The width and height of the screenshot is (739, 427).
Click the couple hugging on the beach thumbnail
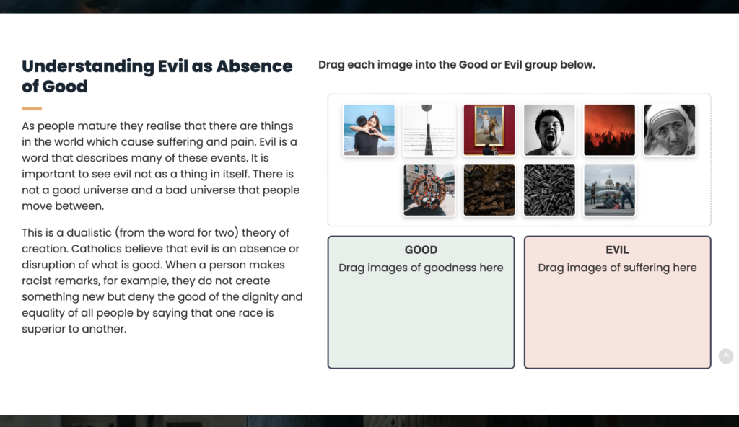coord(369,130)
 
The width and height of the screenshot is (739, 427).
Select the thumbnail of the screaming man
coord(549,130)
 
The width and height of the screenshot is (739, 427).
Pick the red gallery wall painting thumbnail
coord(489,130)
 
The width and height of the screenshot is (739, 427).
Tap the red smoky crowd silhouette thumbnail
coord(609,130)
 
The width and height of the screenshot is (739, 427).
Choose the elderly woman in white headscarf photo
coord(669,130)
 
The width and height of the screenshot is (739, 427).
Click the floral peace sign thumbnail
coord(429,190)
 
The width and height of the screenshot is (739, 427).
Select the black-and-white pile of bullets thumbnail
coord(549,190)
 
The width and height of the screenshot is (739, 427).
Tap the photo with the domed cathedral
coord(609,190)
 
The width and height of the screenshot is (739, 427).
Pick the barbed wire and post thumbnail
coord(429,130)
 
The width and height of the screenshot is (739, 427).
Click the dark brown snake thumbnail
coord(489,190)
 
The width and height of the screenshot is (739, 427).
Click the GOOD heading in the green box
coord(421,250)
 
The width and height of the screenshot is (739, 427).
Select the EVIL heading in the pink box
coord(618,250)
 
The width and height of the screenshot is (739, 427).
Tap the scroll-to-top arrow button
coord(726,356)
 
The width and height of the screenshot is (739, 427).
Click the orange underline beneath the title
coord(32,109)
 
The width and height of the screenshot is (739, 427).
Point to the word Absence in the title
coord(254,66)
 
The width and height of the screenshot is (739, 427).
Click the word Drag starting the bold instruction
coord(331,65)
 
